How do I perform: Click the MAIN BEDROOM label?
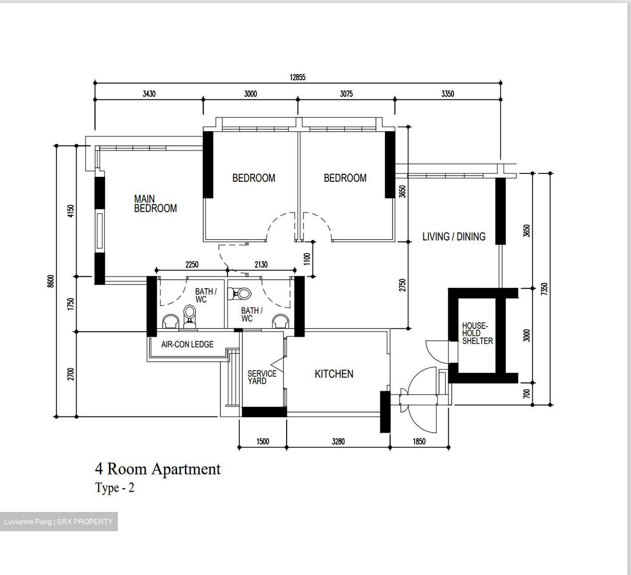click(155, 204)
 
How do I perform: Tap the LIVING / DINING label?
click(454, 236)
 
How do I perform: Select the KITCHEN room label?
click(334, 374)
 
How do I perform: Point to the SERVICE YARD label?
click(262, 377)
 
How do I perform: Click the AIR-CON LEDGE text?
click(187, 344)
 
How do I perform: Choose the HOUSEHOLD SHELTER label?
click(477, 333)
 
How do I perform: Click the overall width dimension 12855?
click(297, 78)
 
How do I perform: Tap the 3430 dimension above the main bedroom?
click(149, 94)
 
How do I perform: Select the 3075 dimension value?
click(346, 94)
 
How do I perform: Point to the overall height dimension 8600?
click(51, 281)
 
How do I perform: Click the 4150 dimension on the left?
click(71, 211)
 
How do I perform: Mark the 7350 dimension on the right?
click(544, 289)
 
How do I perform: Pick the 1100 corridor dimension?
click(307, 259)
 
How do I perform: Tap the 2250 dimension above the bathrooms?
click(192, 265)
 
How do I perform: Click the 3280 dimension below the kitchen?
click(338, 441)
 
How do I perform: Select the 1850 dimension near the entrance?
click(419, 441)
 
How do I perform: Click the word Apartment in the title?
click(186, 469)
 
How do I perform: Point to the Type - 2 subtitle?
click(114, 488)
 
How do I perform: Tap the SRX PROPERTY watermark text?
click(85, 522)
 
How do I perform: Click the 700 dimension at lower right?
click(527, 393)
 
